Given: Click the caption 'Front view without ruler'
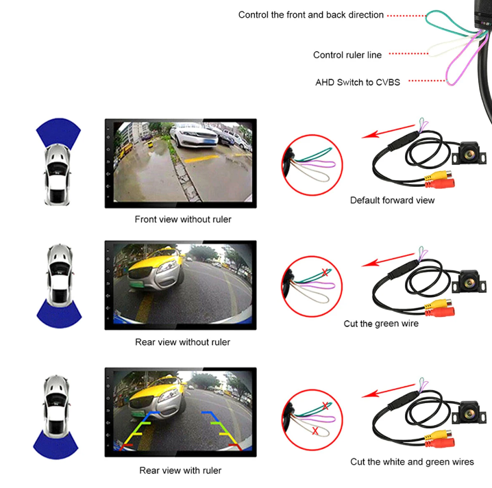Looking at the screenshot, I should [183, 220].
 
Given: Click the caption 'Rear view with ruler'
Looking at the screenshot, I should [180, 470].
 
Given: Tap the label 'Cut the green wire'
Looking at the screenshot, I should [381, 323].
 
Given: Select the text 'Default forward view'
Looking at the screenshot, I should [392, 201].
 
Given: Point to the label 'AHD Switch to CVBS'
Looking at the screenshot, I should [358, 82].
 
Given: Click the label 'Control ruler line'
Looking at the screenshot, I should [347, 55].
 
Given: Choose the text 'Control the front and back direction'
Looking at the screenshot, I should [311, 14].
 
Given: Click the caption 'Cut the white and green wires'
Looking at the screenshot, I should [412, 462].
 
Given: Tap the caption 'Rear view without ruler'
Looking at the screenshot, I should [182, 342].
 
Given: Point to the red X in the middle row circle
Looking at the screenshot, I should [325, 273].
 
